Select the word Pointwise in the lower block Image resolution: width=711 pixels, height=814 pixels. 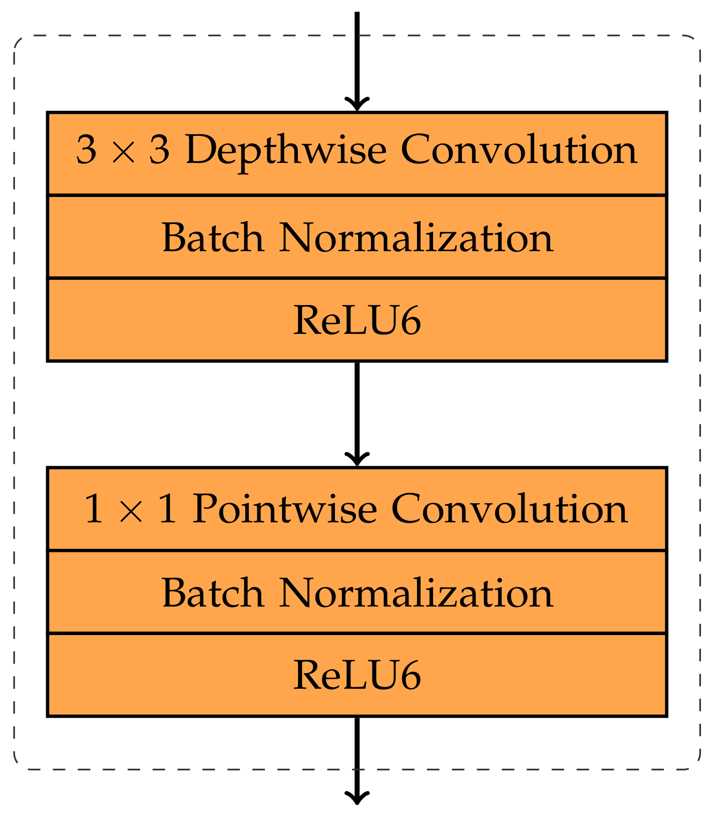point(284,509)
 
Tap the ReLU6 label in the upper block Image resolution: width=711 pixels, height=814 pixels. point(357,321)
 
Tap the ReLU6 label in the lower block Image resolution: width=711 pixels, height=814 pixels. point(357,676)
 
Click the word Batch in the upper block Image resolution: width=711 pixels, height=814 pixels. point(212,238)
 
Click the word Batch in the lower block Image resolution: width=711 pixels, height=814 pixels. point(212,593)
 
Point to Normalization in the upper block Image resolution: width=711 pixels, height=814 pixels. point(416,238)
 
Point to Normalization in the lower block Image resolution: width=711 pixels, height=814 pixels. point(416,593)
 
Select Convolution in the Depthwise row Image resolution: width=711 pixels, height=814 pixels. point(519,150)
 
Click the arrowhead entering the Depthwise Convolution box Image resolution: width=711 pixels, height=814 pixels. point(357,104)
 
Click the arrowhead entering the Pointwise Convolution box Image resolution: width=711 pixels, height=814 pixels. point(357,459)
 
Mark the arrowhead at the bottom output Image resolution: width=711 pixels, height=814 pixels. point(357,798)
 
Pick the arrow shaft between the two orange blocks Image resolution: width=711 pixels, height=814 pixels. point(357,406)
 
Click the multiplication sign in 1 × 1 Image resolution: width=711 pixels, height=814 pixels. point(131,510)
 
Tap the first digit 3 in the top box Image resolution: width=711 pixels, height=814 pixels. point(86,150)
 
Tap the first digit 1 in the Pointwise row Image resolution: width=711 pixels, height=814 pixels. point(94,509)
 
